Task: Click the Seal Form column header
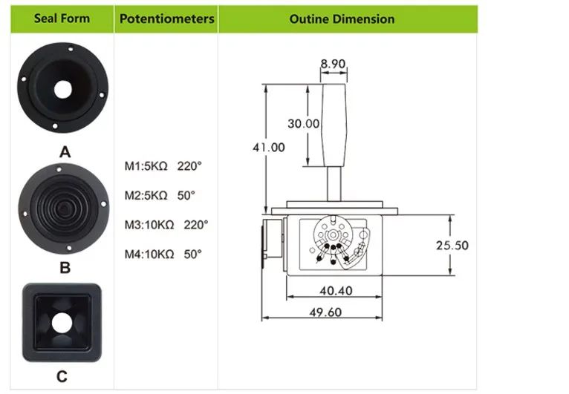[x=62, y=19]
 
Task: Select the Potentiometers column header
[x=167, y=19]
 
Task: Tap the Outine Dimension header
[x=342, y=19]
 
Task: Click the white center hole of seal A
[x=63, y=90]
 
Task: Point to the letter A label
[x=65, y=152]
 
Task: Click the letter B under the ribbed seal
[x=65, y=268]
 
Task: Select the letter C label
[x=62, y=377]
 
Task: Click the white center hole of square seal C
[x=62, y=323]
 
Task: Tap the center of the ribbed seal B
[x=63, y=209]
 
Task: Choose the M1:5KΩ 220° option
[x=163, y=166]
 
